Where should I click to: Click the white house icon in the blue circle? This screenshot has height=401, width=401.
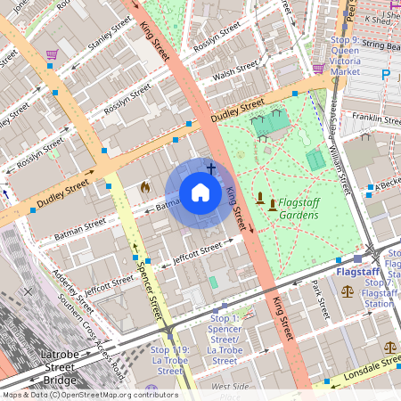point(200,192)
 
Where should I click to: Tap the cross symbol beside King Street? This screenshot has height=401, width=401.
point(211,168)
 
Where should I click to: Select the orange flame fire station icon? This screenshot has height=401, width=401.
point(145,188)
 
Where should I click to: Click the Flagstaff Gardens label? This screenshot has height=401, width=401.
point(298,209)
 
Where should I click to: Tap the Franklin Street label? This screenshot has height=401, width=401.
point(375,118)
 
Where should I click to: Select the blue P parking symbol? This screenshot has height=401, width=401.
point(386,76)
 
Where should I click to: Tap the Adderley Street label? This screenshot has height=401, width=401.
point(74,294)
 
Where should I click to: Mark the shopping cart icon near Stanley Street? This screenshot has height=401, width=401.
point(52,54)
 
